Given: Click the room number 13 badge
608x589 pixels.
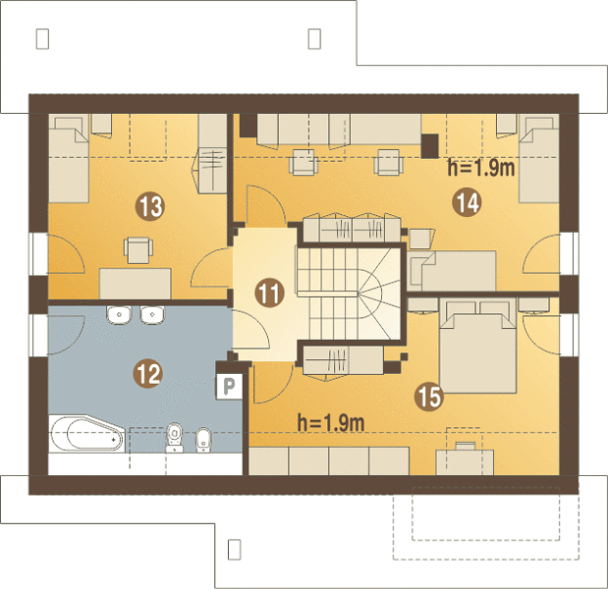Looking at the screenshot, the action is click(149, 206).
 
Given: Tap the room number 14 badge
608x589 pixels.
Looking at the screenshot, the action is click(467, 202).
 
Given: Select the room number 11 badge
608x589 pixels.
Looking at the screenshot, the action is click(269, 293).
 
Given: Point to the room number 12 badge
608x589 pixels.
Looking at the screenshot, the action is click(147, 374).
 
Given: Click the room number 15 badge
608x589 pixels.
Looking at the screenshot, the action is click(429, 397).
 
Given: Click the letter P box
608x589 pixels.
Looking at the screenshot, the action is click(229, 386).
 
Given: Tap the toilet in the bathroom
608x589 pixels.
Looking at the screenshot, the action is click(174, 438).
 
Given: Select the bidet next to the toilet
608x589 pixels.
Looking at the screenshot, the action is click(202, 440).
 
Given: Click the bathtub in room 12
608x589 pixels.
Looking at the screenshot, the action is click(87, 434).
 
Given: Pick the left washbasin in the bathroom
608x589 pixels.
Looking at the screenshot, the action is click(119, 315).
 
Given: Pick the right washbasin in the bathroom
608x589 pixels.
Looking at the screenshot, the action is click(152, 315).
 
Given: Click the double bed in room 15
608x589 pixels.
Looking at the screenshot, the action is click(477, 346).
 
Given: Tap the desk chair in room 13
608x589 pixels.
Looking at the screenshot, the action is click(138, 250).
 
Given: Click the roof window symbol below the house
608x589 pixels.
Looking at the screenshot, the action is click(234, 550).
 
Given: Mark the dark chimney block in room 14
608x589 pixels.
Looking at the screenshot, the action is click(429, 146).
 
